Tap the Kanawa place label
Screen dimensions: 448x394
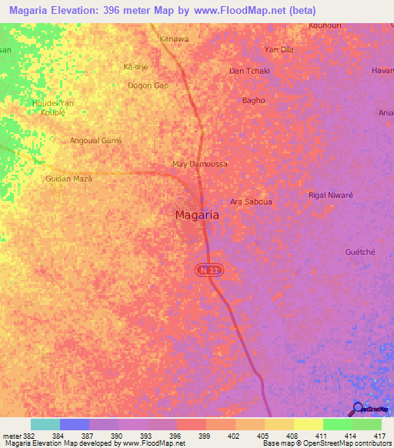[x=173, y=38]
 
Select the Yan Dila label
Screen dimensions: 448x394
[x=279, y=49]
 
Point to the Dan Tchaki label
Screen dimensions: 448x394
[x=249, y=71]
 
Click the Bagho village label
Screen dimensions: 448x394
[x=253, y=100]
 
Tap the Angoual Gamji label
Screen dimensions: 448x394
[x=96, y=141]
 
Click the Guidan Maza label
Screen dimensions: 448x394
[x=68, y=178]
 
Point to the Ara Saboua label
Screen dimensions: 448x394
[x=252, y=201]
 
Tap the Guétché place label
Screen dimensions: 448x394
[x=360, y=252]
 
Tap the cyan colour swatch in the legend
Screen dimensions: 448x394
[x=45, y=424]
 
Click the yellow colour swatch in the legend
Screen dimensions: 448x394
[x=309, y=424]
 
